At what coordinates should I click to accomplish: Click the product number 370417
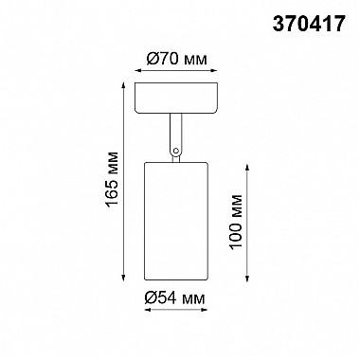coord(308,24)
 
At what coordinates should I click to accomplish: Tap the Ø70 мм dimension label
coord(177,59)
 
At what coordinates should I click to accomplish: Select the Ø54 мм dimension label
coord(174,297)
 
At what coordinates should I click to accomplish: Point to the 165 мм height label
coord(113,180)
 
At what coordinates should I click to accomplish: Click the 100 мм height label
coord(236,223)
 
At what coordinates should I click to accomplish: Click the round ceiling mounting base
coord(176,98)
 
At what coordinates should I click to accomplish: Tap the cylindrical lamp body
coord(176,221)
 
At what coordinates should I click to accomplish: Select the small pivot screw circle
coord(176,151)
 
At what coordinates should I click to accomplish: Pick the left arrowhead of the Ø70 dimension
coord(137,71)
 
